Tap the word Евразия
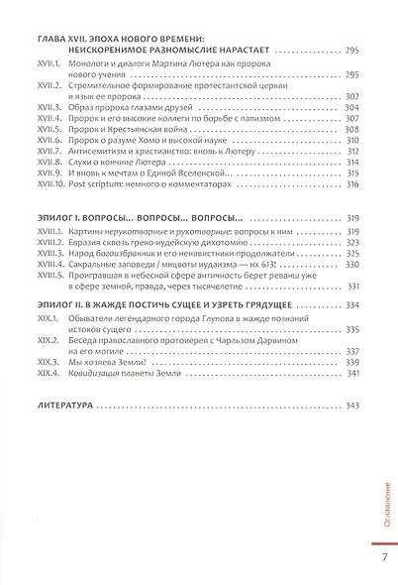coord(100,241)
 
